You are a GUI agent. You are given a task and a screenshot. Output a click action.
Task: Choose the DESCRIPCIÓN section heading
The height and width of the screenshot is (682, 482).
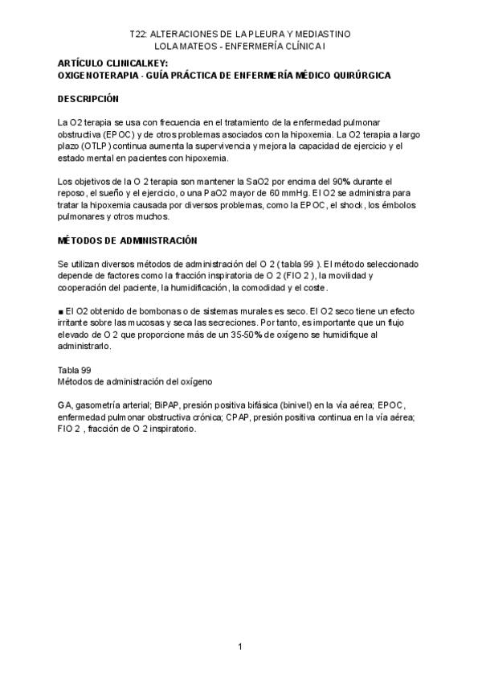(88, 99)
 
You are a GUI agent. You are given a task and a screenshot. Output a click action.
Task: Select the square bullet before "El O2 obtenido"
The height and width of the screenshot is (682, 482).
(61, 311)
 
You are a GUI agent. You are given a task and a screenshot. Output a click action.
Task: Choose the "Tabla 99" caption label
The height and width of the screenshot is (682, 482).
(74, 369)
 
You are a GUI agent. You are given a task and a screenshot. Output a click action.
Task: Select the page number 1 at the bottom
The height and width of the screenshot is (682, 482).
(239, 647)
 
